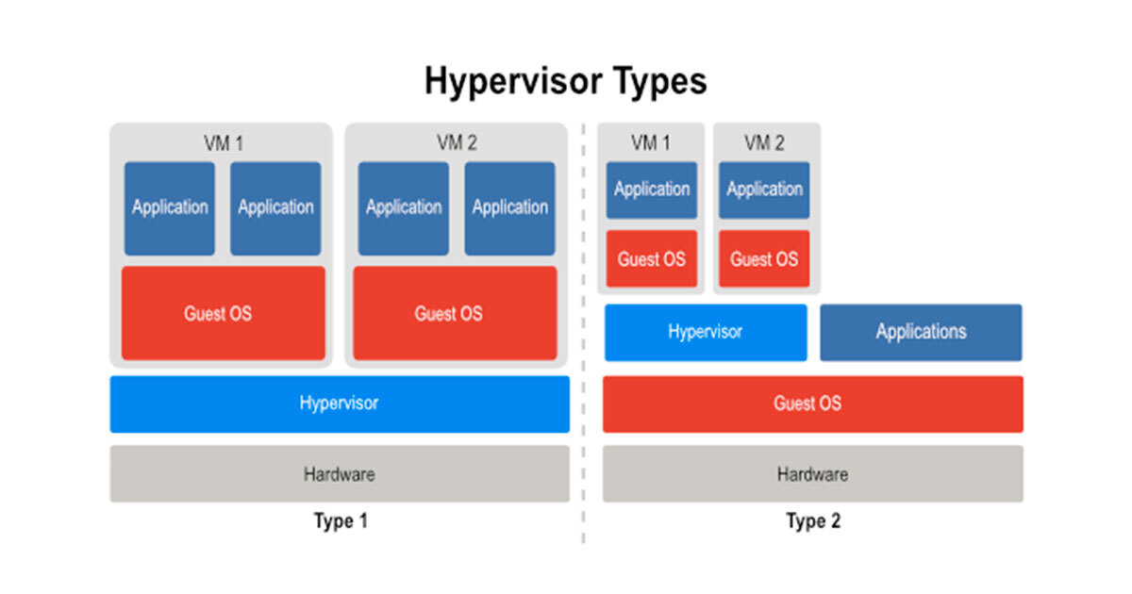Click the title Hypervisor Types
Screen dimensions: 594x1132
click(x=565, y=81)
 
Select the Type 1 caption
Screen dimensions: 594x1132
click(x=340, y=520)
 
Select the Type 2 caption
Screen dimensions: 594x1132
click(x=812, y=520)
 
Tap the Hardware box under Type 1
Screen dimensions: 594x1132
click(x=340, y=473)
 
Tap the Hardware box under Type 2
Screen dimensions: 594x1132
click(x=812, y=473)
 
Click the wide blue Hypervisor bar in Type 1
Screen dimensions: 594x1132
click(x=340, y=404)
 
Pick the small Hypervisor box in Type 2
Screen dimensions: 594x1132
click(x=706, y=332)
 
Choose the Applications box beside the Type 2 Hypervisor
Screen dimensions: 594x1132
click(x=921, y=332)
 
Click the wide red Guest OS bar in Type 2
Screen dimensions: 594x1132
click(x=812, y=404)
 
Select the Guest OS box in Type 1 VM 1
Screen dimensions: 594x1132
click(x=223, y=313)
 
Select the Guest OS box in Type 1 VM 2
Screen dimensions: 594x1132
click(x=455, y=313)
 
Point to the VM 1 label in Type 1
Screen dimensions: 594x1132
click(x=222, y=143)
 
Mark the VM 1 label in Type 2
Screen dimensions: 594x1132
click(x=651, y=142)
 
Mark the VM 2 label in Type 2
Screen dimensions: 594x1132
click(x=764, y=142)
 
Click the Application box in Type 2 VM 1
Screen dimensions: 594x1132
click(x=652, y=190)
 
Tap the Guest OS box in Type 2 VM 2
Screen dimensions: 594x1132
click(x=764, y=258)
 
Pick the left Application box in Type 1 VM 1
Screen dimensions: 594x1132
click(x=170, y=207)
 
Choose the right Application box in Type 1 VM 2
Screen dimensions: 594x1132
click(x=509, y=207)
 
